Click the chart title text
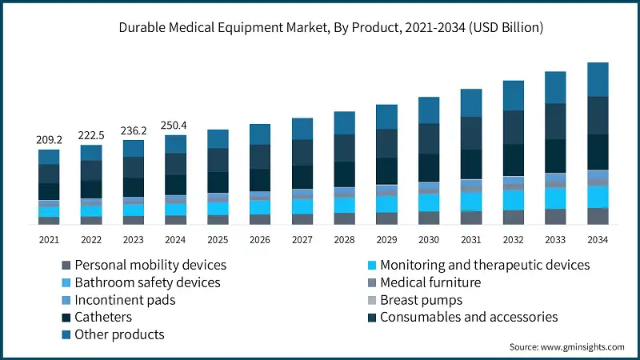pyautogui.click(x=320, y=28)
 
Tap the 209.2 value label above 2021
pyautogui.click(x=49, y=140)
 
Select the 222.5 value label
pyautogui.click(x=91, y=136)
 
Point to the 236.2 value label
pyautogui.click(x=133, y=130)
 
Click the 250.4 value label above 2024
pyautogui.click(x=175, y=125)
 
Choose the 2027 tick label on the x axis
pyautogui.click(x=302, y=240)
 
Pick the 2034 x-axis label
pyautogui.click(x=598, y=240)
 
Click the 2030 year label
pyautogui.click(x=429, y=240)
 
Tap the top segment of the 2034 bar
pyautogui.click(x=598, y=79)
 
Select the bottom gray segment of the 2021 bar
pyautogui.click(x=49, y=220)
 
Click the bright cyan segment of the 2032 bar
pyautogui.click(x=514, y=199)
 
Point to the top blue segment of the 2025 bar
pyautogui.click(x=218, y=138)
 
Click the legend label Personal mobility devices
pyautogui.click(x=150, y=265)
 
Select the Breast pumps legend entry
pyautogui.click(x=421, y=300)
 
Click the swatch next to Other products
pyautogui.click(x=64, y=335)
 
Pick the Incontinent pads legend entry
pyautogui.click(x=124, y=300)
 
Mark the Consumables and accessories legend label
pyautogui.click(x=468, y=318)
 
